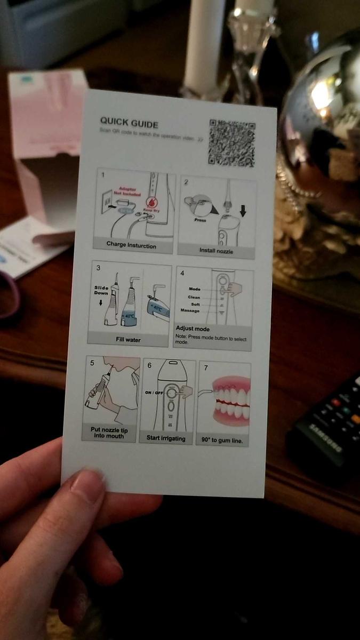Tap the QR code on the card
pos(231,142)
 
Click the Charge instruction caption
pos(131,245)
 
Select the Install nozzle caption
pos(216,250)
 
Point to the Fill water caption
pos(128,339)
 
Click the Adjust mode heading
pos(192,329)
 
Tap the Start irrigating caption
pos(166,438)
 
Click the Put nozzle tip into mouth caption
pos(107,433)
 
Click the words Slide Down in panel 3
pos(101,290)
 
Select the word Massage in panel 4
pos(190,310)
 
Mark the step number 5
pos(92,363)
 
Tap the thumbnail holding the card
pos(87,485)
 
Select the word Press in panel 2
pos(200,220)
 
